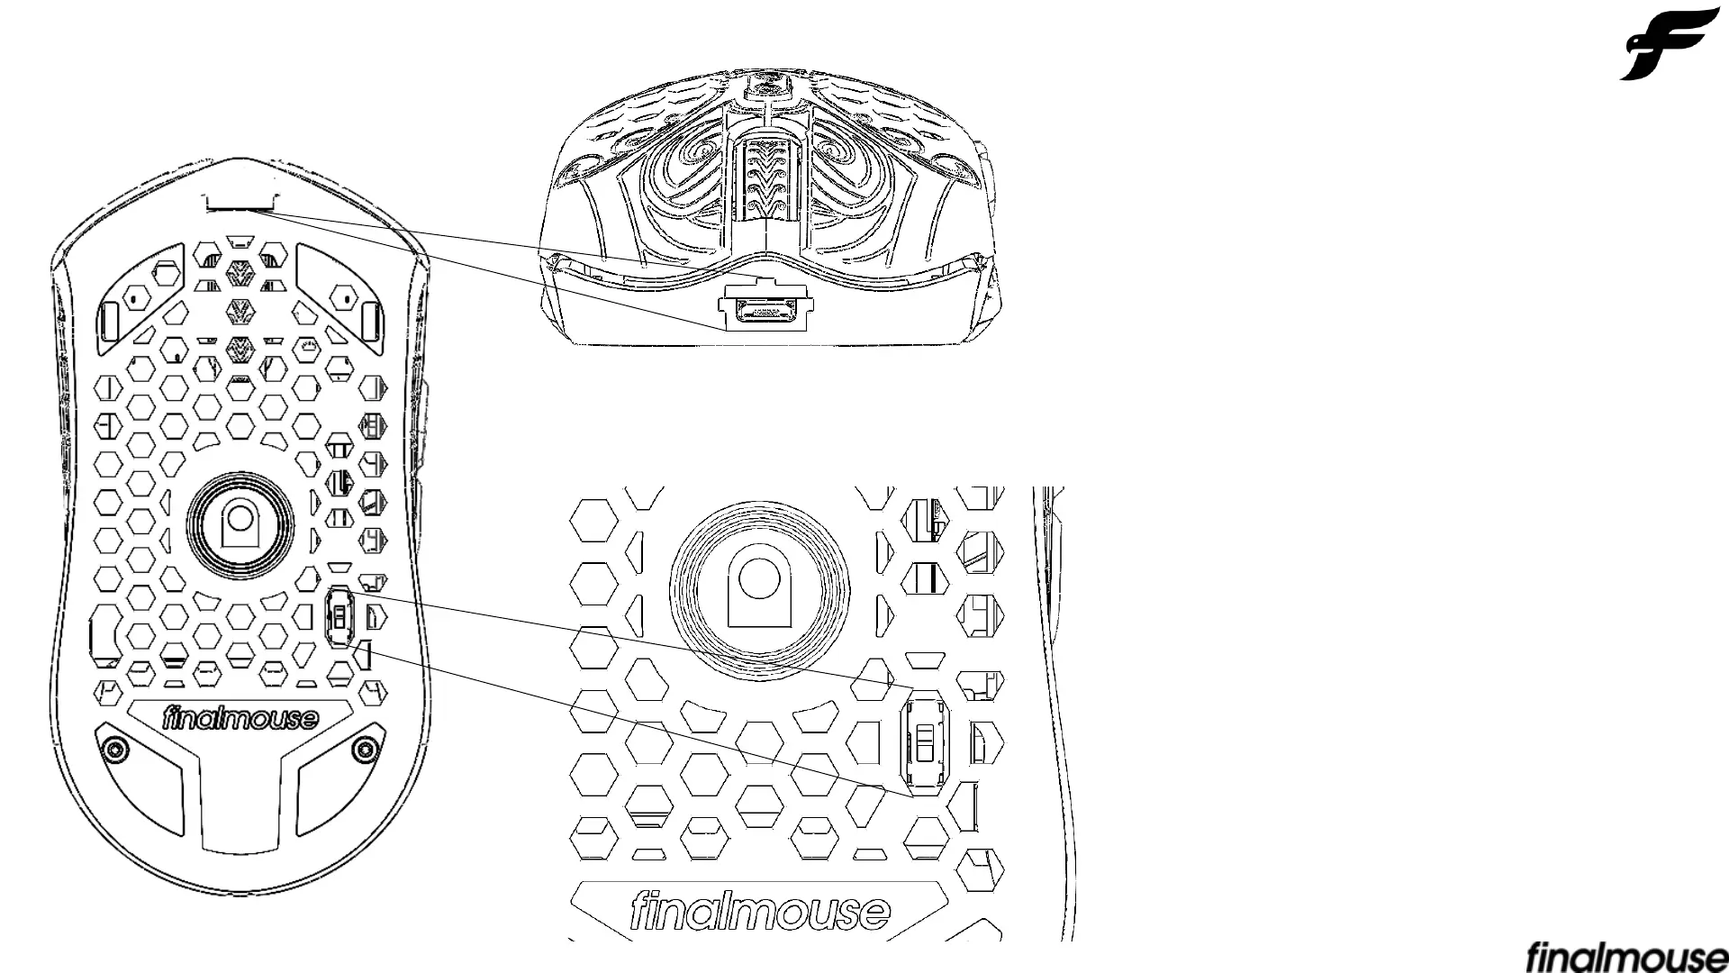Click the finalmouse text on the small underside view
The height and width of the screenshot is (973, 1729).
[240, 719]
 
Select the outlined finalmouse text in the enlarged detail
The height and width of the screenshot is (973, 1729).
[760, 912]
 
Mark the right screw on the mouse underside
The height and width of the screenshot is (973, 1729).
[366, 747]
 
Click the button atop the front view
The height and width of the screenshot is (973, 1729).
[767, 85]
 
